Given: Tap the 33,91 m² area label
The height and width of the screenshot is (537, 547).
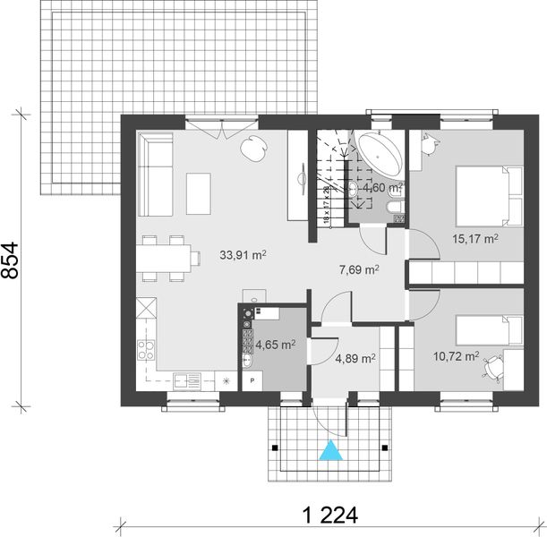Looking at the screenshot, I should (x=244, y=254).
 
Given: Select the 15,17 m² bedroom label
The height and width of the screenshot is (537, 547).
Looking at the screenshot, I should (x=474, y=239).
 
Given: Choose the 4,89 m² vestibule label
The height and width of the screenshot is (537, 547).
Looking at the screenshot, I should (x=354, y=359).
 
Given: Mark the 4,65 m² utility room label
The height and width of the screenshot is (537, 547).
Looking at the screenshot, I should (x=275, y=344).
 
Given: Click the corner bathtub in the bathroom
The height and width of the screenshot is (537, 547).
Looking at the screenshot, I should (x=377, y=152).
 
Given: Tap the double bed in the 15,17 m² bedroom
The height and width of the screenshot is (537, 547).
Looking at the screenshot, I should (x=489, y=196).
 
